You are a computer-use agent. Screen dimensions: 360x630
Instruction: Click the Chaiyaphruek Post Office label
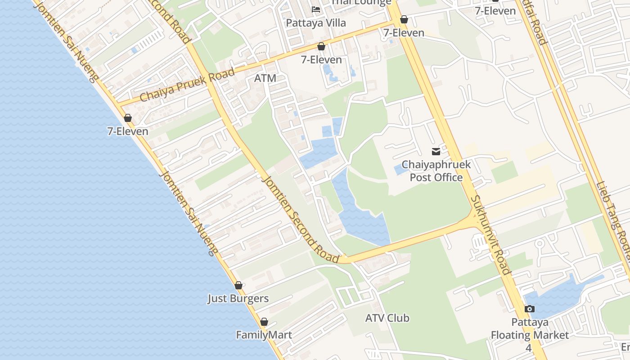click(436, 171)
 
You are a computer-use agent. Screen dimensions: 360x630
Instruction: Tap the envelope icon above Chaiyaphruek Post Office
click(436, 152)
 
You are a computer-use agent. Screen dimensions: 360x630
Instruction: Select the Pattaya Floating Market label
click(530, 329)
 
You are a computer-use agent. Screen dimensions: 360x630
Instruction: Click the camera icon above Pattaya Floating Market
click(530, 309)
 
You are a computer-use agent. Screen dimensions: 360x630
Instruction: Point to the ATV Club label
click(387, 318)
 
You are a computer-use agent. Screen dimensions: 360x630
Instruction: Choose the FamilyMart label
click(264, 335)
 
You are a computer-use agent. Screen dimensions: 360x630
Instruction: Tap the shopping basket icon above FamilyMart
click(264, 322)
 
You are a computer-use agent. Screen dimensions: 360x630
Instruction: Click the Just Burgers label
click(238, 298)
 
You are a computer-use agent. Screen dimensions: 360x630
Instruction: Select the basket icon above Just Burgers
click(238, 285)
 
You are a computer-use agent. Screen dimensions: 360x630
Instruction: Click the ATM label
click(265, 78)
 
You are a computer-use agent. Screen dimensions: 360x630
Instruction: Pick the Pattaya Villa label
click(316, 23)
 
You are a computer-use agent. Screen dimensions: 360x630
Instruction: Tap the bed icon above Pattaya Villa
click(316, 9)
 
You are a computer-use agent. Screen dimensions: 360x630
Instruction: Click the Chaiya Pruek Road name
click(187, 85)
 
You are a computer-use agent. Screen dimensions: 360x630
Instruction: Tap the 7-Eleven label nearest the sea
click(128, 131)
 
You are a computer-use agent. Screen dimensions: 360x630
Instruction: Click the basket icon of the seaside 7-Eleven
click(128, 118)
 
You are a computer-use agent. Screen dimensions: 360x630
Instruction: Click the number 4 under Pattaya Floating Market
click(529, 348)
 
